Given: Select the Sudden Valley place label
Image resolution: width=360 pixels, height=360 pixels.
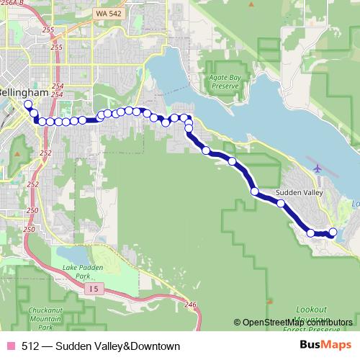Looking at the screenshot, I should tap(298, 193).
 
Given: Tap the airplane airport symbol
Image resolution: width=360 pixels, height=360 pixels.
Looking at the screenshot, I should tap(318, 168).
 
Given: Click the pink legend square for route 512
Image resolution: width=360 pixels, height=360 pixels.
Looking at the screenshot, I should tap(10, 346).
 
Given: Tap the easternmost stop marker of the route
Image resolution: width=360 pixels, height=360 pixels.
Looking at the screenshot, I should tap(333, 232).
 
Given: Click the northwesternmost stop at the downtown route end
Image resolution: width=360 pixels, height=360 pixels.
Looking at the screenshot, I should tap(28, 104).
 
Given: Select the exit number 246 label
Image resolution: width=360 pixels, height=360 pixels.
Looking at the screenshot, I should tap(190, 305).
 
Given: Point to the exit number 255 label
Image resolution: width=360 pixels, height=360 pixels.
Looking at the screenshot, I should tap(48, 30).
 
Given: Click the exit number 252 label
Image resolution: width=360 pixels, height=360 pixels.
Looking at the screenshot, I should tap(45, 153).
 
